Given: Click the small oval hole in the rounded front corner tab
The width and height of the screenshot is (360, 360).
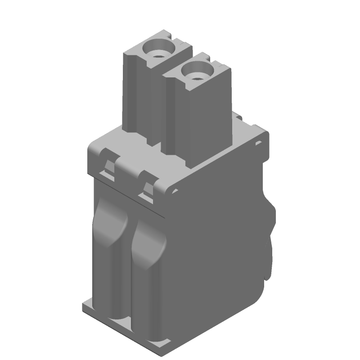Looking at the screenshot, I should (174, 192).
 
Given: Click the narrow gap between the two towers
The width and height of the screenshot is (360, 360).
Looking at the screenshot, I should (162, 112).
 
